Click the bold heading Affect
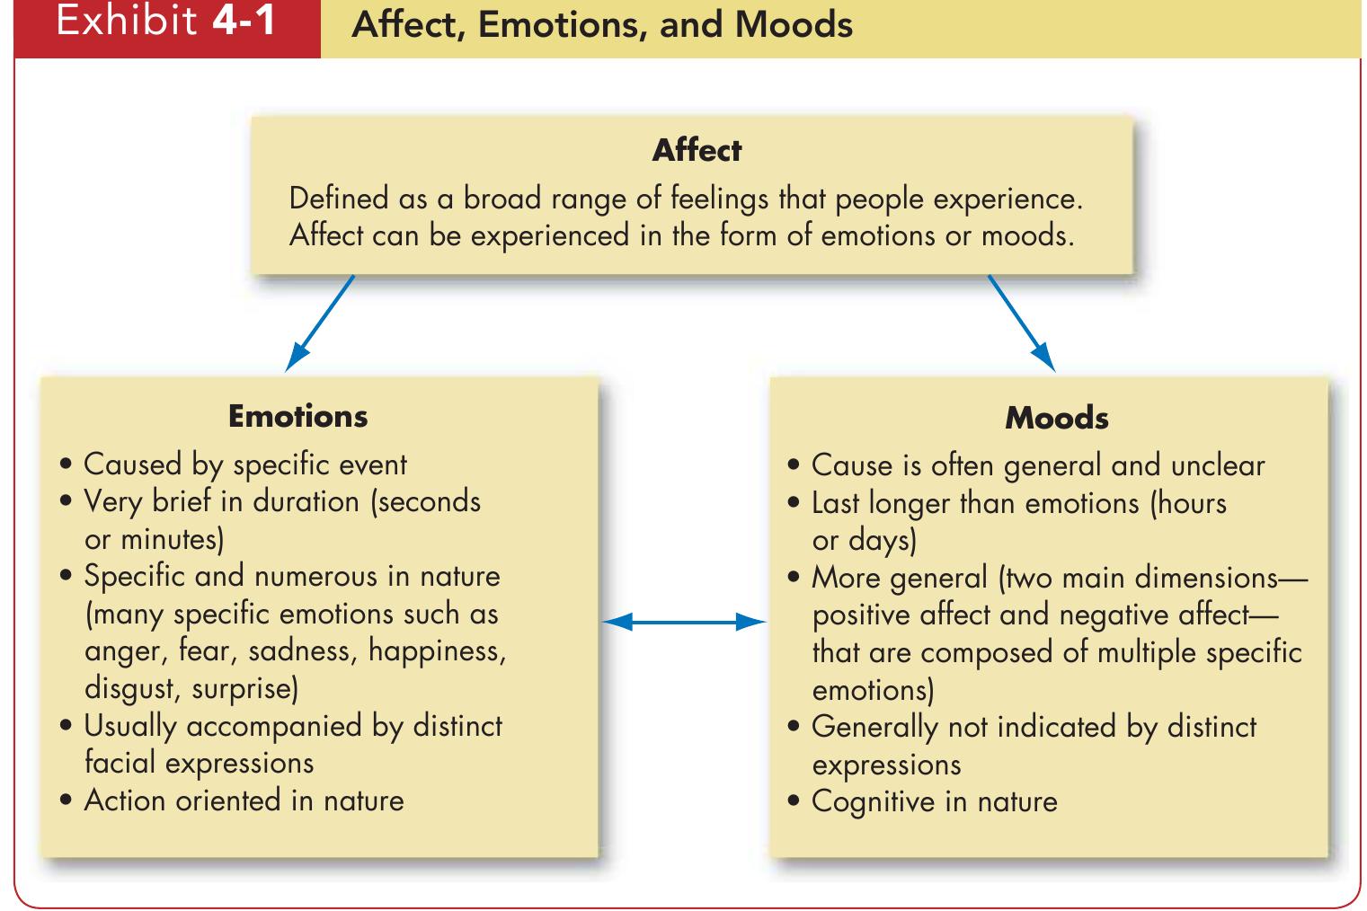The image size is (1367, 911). tap(697, 150)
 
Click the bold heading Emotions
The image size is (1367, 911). tap(297, 416)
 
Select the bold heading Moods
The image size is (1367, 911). tap(1056, 418)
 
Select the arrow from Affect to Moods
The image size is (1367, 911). tap(1022, 323)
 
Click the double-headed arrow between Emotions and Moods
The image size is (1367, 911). tap(683, 621)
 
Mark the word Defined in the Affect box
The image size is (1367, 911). tap(339, 199)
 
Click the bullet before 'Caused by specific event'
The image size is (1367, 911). tap(66, 466)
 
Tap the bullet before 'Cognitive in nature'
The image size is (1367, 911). tap(793, 802)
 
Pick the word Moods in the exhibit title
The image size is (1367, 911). tap(794, 24)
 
